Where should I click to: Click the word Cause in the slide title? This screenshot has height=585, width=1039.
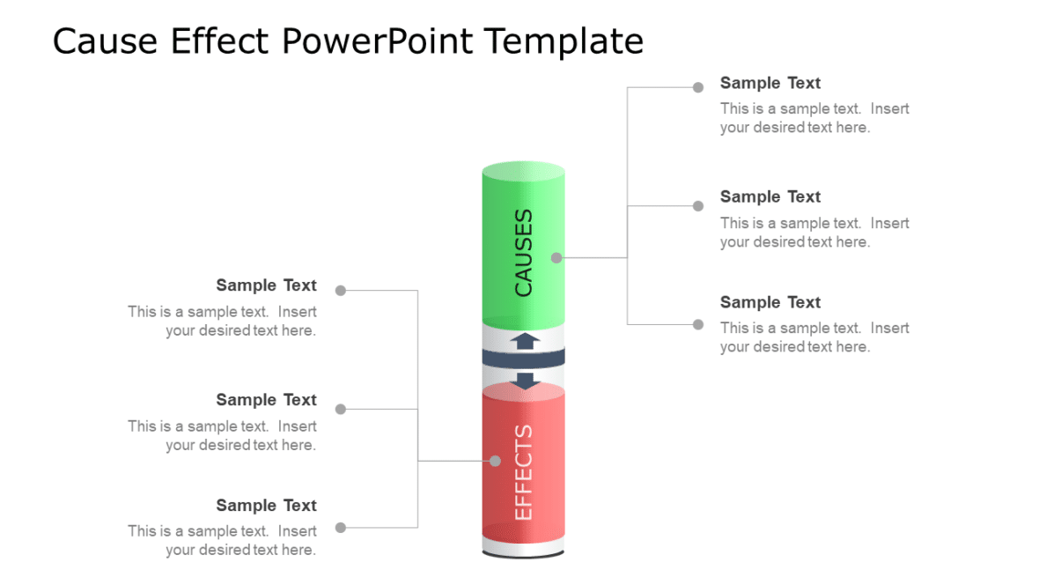point(107,41)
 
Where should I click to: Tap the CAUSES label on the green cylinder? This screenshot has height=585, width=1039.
point(523,252)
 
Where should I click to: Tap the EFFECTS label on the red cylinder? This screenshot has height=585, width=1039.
point(523,472)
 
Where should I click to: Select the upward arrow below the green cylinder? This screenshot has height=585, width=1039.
point(526,340)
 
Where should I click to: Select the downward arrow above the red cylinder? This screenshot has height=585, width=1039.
point(526,381)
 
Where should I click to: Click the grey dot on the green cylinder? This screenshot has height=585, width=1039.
point(556,258)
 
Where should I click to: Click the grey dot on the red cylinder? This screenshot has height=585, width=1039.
point(495,461)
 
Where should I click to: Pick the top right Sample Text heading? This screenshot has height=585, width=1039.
point(770,83)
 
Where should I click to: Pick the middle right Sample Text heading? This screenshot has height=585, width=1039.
point(770,196)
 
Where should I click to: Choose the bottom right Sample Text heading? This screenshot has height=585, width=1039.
point(770,302)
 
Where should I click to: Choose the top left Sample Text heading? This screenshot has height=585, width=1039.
point(266,285)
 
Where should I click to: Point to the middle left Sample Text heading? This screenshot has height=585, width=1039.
point(266,400)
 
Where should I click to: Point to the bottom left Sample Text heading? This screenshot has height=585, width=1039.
point(266,506)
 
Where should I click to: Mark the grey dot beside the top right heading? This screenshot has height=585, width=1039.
point(698,87)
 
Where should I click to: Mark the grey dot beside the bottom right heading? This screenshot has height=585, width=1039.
point(698,324)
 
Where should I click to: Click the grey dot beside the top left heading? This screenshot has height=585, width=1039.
point(341,290)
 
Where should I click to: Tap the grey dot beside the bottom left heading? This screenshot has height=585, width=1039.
point(341,528)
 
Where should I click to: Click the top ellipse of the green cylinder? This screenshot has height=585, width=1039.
point(523,171)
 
